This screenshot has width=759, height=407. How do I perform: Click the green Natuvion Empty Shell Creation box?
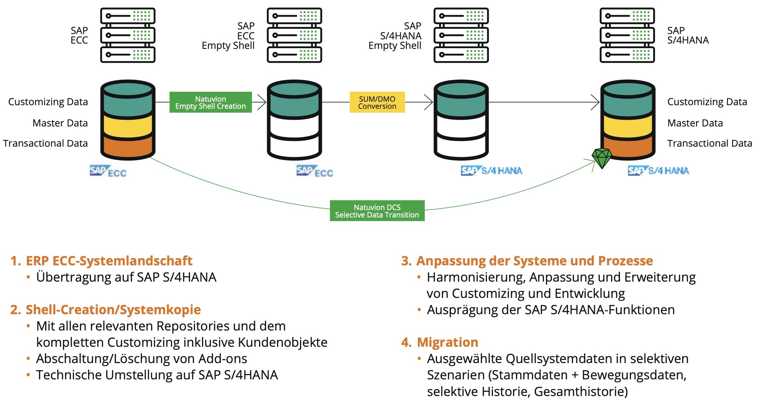tap(211, 102)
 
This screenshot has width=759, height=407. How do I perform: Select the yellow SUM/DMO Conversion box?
tap(377, 102)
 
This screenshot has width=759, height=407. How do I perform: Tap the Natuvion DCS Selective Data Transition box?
tap(377, 211)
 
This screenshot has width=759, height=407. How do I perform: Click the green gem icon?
tap(602, 158)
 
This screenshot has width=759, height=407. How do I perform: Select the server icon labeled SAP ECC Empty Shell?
tap(294, 35)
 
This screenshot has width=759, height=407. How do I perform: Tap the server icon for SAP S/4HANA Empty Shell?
tap(461, 35)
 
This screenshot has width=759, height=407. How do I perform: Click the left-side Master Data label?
tap(60, 123)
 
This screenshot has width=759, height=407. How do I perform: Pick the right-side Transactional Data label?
tap(709, 143)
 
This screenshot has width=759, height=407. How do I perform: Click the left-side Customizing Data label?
tap(48, 102)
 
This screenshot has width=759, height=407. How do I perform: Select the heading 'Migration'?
tap(447, 342)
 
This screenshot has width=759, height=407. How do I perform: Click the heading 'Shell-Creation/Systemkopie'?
tap(113, 310)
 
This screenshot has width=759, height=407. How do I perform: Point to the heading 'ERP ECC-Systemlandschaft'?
tap(109, 261)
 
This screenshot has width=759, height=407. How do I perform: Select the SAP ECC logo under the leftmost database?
tap(108, 171)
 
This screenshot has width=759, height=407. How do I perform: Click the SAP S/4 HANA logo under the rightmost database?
tap(659, 171)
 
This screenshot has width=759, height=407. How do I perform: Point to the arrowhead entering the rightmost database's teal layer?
tap(596, 102)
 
